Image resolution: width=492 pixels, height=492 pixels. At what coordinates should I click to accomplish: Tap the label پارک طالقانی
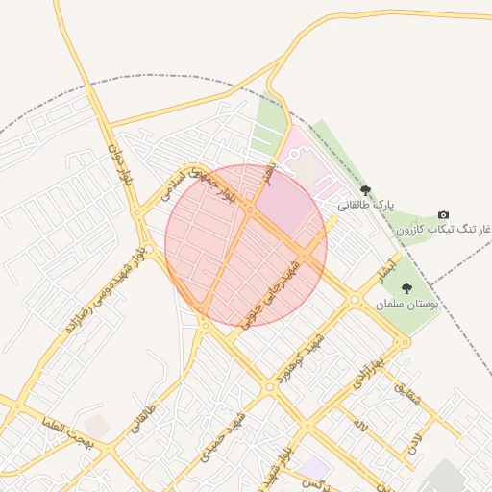pos(367,205)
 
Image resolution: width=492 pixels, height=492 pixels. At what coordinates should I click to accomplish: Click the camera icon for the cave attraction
pos(443,214)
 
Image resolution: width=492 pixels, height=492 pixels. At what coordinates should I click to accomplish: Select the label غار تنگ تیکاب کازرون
pos(443,230)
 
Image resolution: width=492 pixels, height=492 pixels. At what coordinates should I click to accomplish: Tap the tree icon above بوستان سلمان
pos(406,288)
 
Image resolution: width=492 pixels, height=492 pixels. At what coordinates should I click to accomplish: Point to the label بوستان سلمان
pos(407,303)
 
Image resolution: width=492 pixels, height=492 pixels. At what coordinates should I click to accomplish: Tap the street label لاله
pos(359,424)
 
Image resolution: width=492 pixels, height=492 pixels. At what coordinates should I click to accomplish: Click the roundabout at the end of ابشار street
pos(355,300)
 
